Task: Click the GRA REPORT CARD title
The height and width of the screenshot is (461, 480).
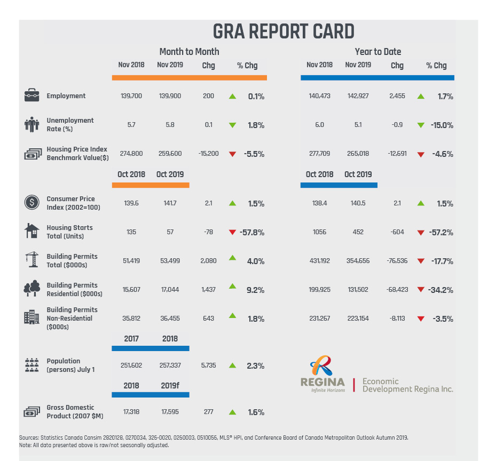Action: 284,31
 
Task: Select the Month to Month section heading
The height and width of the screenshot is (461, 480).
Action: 189,52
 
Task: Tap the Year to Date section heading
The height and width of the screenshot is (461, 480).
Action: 377,52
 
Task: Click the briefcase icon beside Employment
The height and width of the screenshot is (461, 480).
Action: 32,96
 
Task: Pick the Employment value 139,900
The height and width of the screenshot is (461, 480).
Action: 170,96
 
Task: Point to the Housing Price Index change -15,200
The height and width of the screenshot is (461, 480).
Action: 208,154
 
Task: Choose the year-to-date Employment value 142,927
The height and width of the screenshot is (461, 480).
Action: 358,96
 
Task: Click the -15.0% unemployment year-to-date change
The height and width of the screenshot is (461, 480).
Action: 442,125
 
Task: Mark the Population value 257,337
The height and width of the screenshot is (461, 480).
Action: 170,365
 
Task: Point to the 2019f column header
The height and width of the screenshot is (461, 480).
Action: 170,386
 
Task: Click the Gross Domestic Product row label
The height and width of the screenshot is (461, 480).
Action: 75,411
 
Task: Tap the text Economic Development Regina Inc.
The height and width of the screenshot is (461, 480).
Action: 407,385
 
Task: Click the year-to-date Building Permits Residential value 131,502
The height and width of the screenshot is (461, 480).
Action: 358,290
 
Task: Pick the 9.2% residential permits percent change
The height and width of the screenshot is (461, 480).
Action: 256,290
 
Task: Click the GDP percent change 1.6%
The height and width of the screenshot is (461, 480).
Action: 256,412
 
